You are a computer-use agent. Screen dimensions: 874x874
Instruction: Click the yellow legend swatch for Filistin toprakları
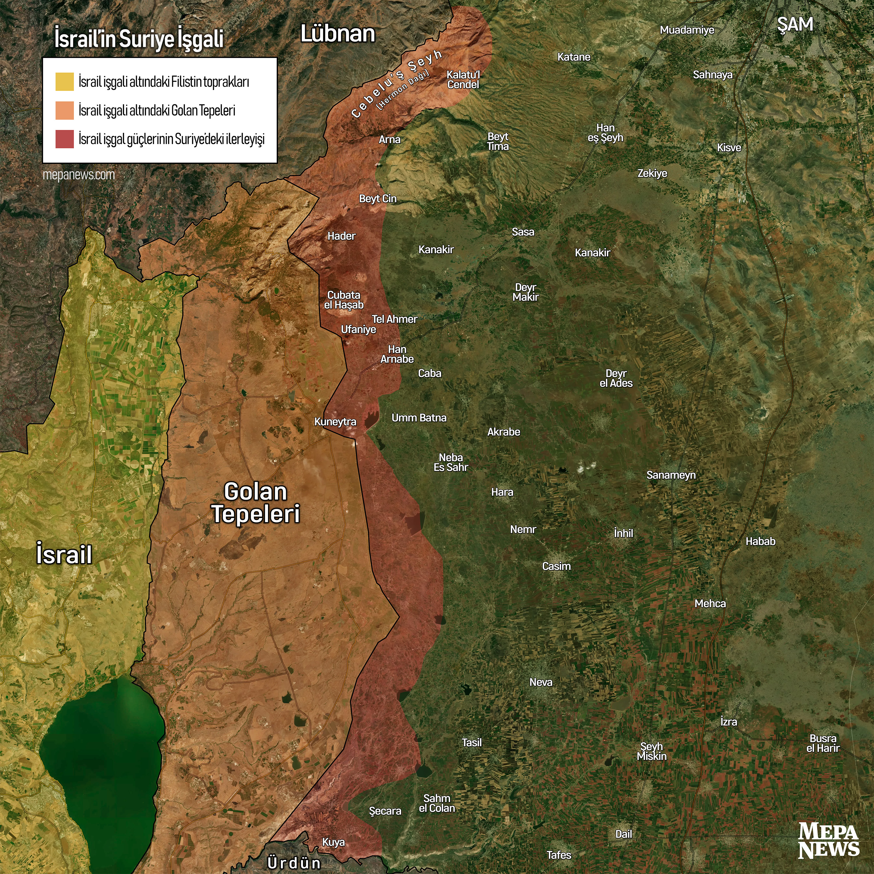(64, 82)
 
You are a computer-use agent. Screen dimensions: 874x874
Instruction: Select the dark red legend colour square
(64, 139)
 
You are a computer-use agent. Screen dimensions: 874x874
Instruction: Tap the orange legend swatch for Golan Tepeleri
(64, 110)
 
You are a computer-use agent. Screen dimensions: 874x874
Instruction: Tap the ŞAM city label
(795, 24)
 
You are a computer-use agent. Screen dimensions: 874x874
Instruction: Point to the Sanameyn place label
(671, 475)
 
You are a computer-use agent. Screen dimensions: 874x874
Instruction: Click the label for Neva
(541, 682)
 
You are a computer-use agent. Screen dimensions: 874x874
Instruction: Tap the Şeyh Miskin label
(651, 751)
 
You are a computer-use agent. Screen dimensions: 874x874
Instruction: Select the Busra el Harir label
(823, 743)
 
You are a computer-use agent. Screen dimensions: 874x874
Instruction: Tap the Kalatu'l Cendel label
(463, 79)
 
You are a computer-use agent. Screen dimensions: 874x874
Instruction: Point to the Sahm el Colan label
(437, 803)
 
